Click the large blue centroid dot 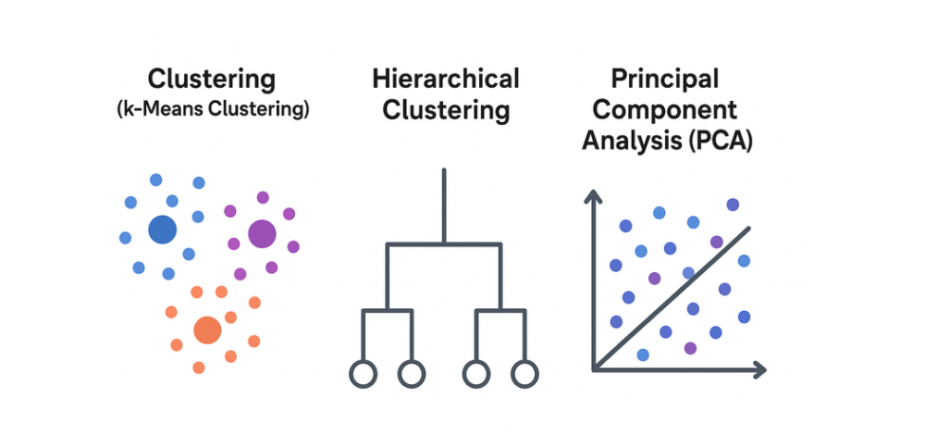pos(162,230)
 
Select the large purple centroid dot pos(262,233)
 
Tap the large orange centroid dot pos(207,330)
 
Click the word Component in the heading pos(665,110)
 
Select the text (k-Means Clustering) pos(214,109)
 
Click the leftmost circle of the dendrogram pos(363,374)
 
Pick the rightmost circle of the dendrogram pos(524,374)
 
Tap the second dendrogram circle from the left pos(412,374)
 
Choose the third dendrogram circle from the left pos(475,374)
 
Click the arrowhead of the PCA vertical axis pos(592,196)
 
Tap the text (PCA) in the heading pos(718,143)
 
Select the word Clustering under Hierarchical pos(446,111)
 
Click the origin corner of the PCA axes pos(593,369)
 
